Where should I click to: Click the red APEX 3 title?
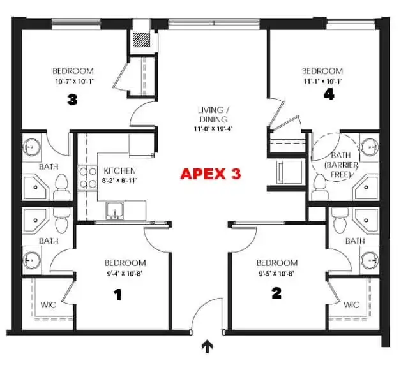click(x=211, y=174)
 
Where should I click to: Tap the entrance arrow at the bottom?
click(x=208, y=346)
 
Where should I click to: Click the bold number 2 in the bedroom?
click(x=276, y=294)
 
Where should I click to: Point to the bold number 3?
click(x=72, y=100)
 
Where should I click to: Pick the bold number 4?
click(x=328, y=94)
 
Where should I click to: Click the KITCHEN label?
click(x=120, y=171)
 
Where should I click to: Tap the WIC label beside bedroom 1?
click(x=49, y=305)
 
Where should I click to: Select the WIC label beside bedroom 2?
click(x=351, y=305)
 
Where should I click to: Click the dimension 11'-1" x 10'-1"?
click(x=322, y=81)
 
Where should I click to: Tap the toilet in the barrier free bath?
click(x=320, y=184)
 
